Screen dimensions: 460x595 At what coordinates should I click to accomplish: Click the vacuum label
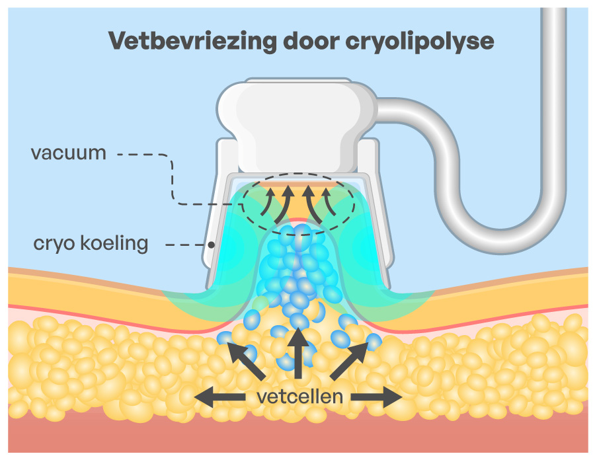(68, 153)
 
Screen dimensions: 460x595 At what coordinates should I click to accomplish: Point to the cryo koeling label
(91, 243)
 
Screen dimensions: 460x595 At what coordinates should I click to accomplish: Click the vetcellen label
(299, 397)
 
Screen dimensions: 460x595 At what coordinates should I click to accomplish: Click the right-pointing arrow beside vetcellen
(377, 397)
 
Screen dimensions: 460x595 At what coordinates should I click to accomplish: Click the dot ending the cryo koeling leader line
(211, 245)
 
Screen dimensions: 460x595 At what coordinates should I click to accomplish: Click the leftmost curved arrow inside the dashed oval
(264, 204)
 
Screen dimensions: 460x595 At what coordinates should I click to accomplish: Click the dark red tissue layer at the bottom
(297, 439)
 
